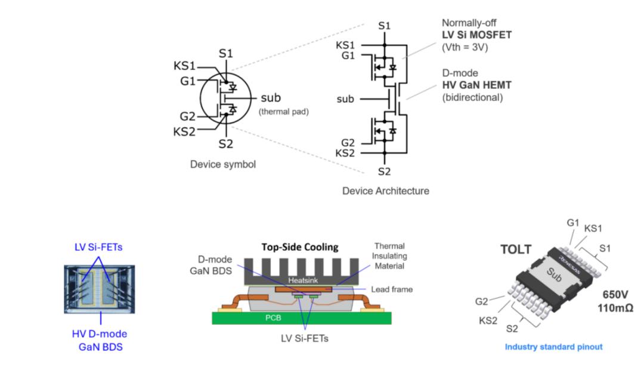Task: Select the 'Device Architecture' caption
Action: click(x=385, y=192)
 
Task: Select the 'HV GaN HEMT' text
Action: click(x=476, y=84)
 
